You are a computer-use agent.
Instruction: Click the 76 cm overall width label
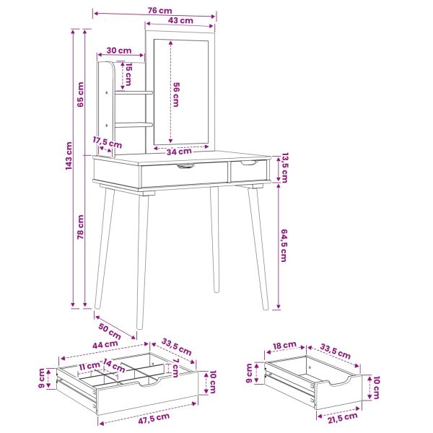pos(159,11)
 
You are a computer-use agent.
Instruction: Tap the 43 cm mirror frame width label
pos(180,20)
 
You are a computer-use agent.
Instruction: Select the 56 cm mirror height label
pos(176,95)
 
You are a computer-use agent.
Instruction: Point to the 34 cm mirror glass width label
pos(179,152)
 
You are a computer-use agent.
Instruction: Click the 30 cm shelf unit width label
pos(119,51)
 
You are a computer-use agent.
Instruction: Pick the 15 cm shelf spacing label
pos(128,74)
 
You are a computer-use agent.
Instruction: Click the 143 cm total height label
pos(69,156)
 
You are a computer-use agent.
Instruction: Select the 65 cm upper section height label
pos(80,95)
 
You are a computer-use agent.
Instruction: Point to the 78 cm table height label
pos(80,227)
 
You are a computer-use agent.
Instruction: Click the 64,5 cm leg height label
pos(284,245)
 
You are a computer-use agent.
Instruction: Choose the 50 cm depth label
pos(110,331)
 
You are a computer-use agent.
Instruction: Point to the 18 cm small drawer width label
pos(284,345)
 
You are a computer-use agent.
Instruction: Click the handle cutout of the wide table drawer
pos(186,166)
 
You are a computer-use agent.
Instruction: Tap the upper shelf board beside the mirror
pos(134,93)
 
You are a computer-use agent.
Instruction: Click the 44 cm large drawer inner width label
pos(105,345)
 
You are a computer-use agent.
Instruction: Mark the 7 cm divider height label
pos(175,368)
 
